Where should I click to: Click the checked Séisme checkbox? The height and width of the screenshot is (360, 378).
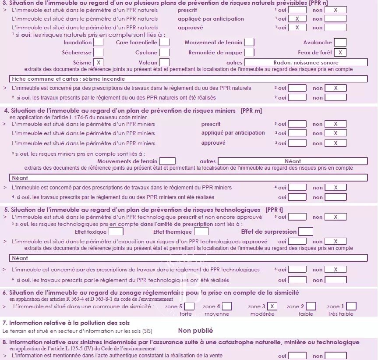99,63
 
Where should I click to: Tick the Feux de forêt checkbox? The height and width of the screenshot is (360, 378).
340,53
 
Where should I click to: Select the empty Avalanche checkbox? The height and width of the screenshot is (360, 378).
340,43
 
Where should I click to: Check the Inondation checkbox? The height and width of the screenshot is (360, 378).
99,43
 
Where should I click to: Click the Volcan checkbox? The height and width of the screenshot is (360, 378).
164,63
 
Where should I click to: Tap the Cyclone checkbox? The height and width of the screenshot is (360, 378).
164,53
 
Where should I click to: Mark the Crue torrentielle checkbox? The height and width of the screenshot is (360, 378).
164,43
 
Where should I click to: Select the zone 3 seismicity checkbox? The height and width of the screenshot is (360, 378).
272,306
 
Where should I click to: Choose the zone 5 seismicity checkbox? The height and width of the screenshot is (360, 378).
190,306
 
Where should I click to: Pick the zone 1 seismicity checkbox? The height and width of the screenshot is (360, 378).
351,306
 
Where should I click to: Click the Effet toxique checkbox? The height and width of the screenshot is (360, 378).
116,232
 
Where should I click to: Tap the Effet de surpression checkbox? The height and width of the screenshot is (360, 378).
306,232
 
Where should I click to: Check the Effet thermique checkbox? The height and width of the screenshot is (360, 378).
201,232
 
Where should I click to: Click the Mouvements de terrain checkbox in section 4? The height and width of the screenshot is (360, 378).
167,161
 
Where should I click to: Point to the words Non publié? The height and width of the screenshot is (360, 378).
195,331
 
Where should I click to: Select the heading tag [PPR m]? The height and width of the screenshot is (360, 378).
251,110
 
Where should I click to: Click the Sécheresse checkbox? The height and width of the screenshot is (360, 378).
99,53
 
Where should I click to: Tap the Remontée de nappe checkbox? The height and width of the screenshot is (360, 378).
249,53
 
